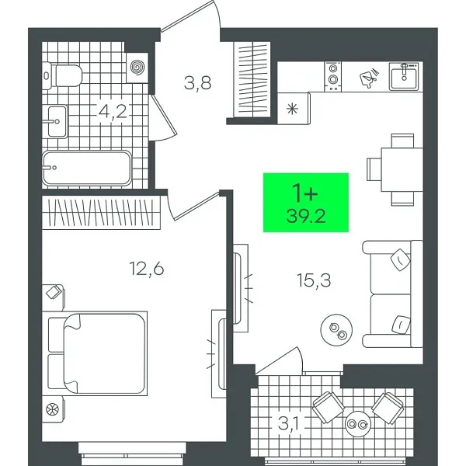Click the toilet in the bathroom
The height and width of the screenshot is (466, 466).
pyautogui.click(x=64, y=75)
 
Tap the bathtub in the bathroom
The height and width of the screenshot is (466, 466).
pyautogui.click(x=86, y=167)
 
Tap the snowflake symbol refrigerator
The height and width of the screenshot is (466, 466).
pyautogui.click(x=294, y=107)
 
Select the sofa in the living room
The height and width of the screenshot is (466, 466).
pyautogui.click(x=393, y=294)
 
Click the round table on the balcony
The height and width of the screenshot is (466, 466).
pyautogui.click(x=360, y=423)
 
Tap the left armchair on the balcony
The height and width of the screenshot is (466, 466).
pyautogui.click(x=327, y=405)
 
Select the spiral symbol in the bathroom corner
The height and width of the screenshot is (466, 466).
pyautogui.click(x=137, y=68)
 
